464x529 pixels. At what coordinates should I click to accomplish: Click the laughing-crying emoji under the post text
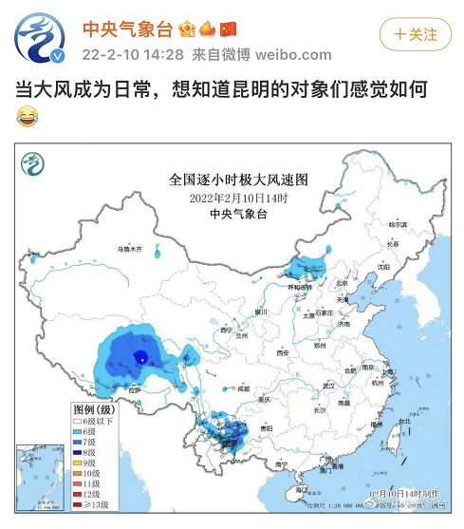pos(28,117)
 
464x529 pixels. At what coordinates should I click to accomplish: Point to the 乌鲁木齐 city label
pos(129,249)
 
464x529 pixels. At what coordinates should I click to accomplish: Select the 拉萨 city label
pos(134,389)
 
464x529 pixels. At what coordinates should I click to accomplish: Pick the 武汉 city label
pos(329,386)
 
